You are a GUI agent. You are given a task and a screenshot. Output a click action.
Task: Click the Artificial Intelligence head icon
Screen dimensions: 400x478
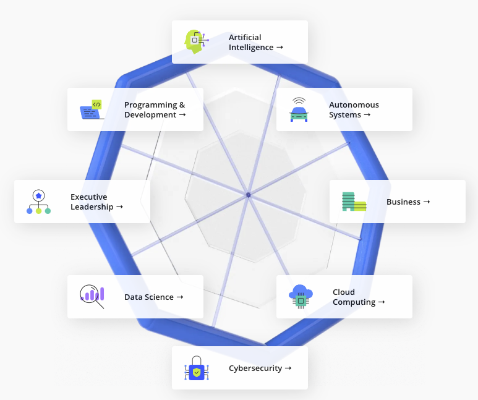[x=195, y=41]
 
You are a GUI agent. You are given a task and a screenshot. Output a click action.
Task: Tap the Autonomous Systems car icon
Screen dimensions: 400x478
[x=299, y=109]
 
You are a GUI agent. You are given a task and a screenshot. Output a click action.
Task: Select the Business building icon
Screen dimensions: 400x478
[x=354, y=202]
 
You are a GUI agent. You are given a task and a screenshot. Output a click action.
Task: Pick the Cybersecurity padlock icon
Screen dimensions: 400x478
[x=197, y=368]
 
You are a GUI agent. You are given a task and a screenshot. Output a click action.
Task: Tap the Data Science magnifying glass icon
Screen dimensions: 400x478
[x=92, y=296]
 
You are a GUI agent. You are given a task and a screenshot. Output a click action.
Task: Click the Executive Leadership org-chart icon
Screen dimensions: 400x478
[x=38, y=202]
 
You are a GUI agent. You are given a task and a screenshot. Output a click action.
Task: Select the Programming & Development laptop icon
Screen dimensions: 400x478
[x=92, y=109]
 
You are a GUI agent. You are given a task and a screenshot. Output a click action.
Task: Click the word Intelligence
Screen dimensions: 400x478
[x=251, y=48]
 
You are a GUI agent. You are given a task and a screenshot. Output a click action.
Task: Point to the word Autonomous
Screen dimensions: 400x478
[x=354, y=105]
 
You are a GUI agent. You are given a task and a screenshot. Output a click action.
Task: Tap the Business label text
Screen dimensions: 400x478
[x=403, y=202]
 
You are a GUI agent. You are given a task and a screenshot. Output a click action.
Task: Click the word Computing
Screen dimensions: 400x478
[x=354, y=302]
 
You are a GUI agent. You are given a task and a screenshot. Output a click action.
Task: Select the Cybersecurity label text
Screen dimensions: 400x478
[x=255, y=368]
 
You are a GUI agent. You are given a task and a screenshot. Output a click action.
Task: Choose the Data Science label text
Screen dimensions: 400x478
[x=149, y=297]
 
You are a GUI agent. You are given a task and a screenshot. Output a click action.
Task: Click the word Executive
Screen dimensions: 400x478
[x=88, y=197]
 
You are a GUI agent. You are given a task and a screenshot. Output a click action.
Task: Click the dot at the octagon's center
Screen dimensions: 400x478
[x=248, y=195]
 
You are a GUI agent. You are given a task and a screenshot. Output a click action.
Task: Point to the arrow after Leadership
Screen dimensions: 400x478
[x=119, y=207]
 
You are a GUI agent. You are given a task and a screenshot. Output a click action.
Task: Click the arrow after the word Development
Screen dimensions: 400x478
[x=182, y=115]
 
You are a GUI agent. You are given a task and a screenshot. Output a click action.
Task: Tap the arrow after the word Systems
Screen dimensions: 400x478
[x=367, y=115]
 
